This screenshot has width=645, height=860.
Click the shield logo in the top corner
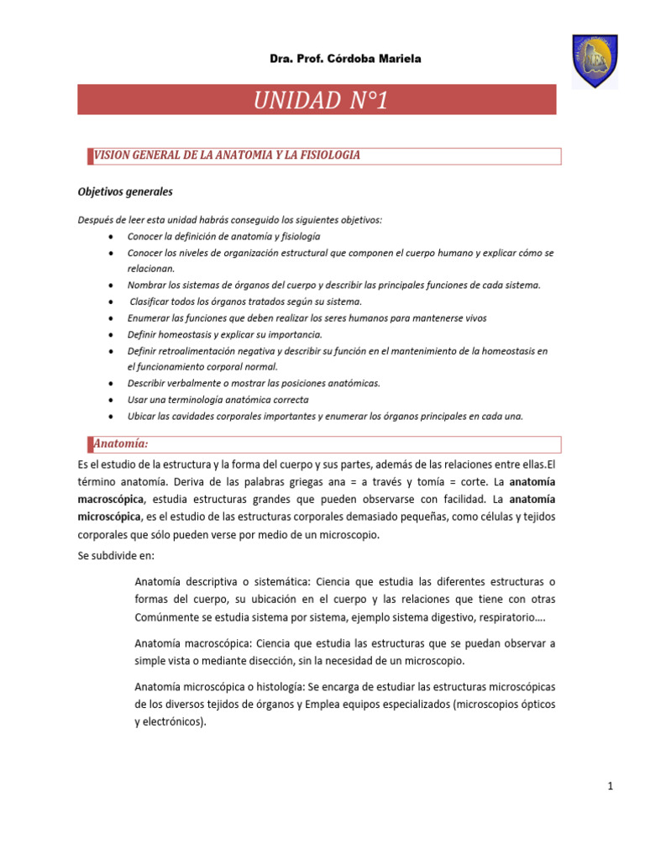click(x=595, y=60)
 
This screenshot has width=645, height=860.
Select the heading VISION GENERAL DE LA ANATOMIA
click(x=227, y=155)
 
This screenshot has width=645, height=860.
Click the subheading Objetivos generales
click(x=125, y=191)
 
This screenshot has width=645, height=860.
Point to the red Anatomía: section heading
click(x=121, y=443)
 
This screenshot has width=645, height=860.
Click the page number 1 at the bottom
click(x=610, y=786)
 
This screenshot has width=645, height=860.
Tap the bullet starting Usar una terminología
click(x=218, y=399)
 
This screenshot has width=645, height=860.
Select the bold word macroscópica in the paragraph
click(x=107, y=498)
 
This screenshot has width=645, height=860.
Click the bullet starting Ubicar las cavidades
click(x=324, y=416)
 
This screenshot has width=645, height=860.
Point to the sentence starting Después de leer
click(x=229, y=220)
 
